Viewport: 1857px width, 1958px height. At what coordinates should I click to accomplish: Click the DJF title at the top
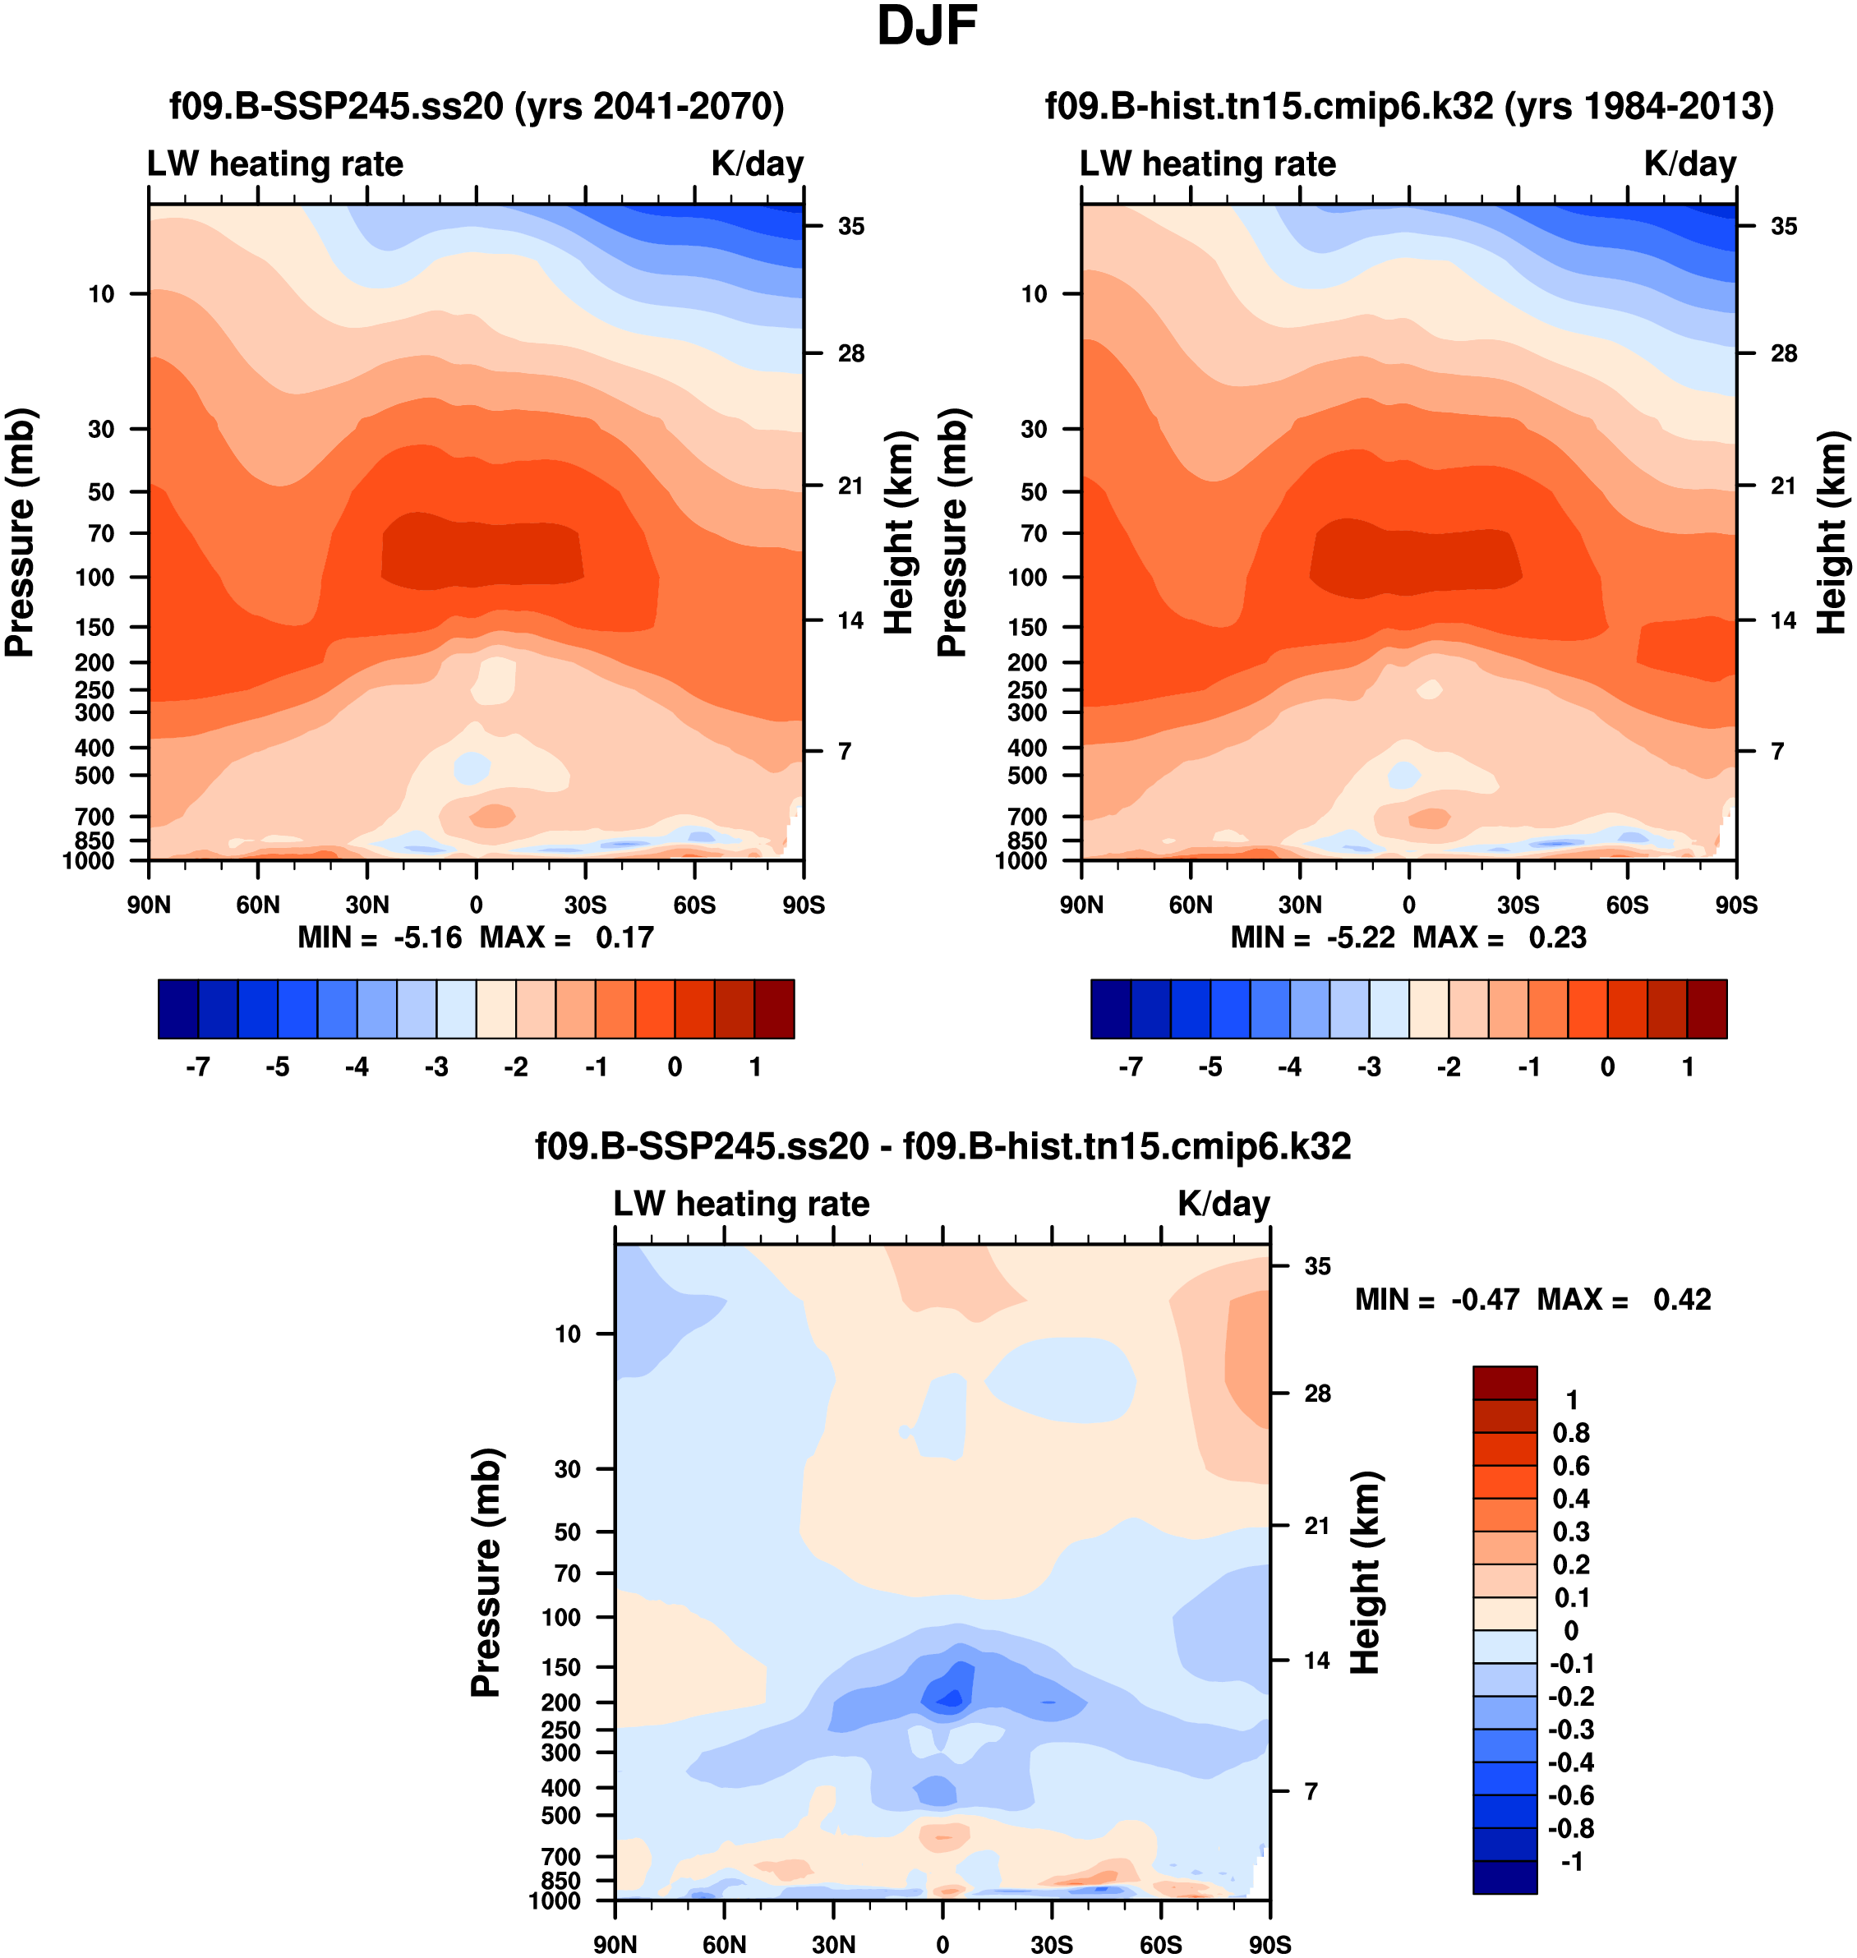(927, 28)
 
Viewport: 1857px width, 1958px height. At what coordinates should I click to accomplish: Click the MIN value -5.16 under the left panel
(427, 938)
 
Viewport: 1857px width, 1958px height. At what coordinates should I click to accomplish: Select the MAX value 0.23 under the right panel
(1557, 938)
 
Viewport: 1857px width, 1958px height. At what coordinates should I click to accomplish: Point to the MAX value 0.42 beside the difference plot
(1682, 1300)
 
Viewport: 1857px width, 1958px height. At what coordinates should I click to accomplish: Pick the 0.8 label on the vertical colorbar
(1571, 1432)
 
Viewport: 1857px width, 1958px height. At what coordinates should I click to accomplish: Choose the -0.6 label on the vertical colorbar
(1571, 1795)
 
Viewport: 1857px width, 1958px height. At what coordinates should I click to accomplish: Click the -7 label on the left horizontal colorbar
(198, 1067)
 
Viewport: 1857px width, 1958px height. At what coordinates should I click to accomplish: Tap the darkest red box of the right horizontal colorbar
(1707, 1009)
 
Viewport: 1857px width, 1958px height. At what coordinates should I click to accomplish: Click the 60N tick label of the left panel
(258, 905)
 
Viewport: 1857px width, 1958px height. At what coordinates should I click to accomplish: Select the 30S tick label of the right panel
(1518, 905)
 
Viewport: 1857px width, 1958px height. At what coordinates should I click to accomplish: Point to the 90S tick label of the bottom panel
(1269, 1944)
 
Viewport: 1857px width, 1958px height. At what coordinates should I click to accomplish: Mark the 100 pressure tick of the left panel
(95, 577)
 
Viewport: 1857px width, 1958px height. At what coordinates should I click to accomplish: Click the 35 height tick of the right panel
(1784, 227)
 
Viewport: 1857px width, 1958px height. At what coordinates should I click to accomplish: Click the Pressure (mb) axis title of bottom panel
(486, 1574)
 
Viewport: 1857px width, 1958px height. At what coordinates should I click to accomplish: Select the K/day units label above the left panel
(758, 164)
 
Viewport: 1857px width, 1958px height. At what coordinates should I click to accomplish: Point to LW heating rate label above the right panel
(1208, 164)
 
